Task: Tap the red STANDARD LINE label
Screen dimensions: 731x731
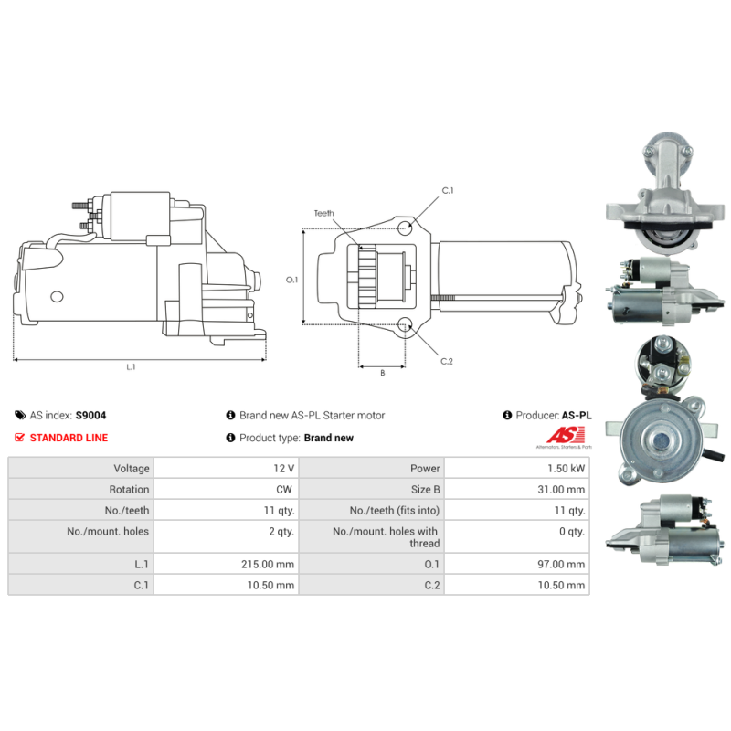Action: click(69, 438)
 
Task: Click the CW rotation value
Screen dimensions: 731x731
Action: click(285, 489)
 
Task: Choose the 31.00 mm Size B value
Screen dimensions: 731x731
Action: click(562, 489)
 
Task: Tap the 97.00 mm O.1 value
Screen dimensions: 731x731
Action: click(562, 564)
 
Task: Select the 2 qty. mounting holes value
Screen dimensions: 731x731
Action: click(280, 531)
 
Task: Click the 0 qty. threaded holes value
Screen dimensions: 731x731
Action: click(570, 531)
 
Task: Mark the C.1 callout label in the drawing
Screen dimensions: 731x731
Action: click(448, 191)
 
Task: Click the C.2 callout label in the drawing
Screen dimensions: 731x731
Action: click(447, 362)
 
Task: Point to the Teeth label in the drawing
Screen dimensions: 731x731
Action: click(324, 213)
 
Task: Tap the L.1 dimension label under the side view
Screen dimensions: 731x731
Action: click(131, 367)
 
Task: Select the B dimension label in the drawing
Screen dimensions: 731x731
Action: click(382, 372)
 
